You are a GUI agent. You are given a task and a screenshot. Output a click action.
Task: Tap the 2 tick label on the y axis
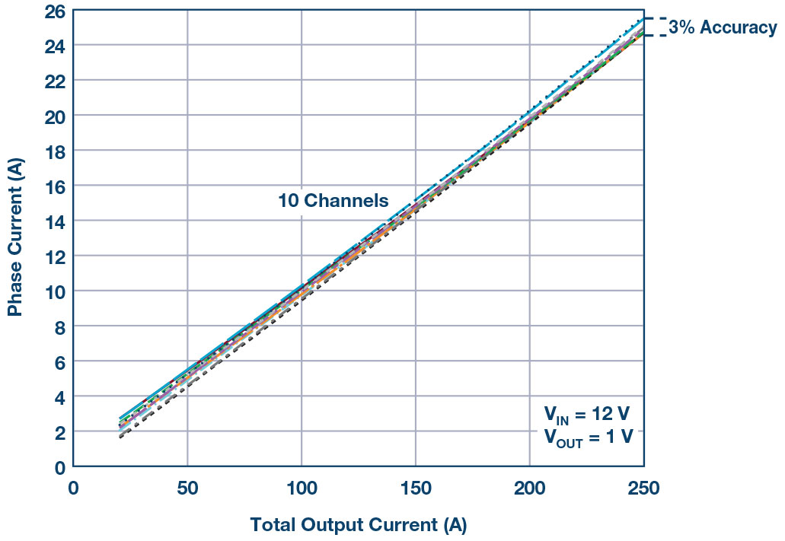[59, 432]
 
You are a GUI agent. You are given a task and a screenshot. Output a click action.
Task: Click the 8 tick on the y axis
[59, 327]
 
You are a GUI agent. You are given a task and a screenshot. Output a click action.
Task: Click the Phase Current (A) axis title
[15, 237]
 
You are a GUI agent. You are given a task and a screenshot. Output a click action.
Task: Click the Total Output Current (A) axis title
[358, 525]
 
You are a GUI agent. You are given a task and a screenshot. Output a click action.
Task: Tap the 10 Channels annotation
[333, 202]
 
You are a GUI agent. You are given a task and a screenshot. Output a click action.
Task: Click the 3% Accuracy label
[723, 28]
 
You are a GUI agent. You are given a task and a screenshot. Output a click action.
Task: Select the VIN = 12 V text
[586, 415]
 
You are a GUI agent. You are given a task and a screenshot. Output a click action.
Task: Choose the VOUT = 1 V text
[588, 438]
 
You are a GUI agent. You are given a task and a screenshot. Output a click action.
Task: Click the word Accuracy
[739, 28]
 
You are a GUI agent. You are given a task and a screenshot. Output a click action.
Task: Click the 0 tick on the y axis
[59, 467]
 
